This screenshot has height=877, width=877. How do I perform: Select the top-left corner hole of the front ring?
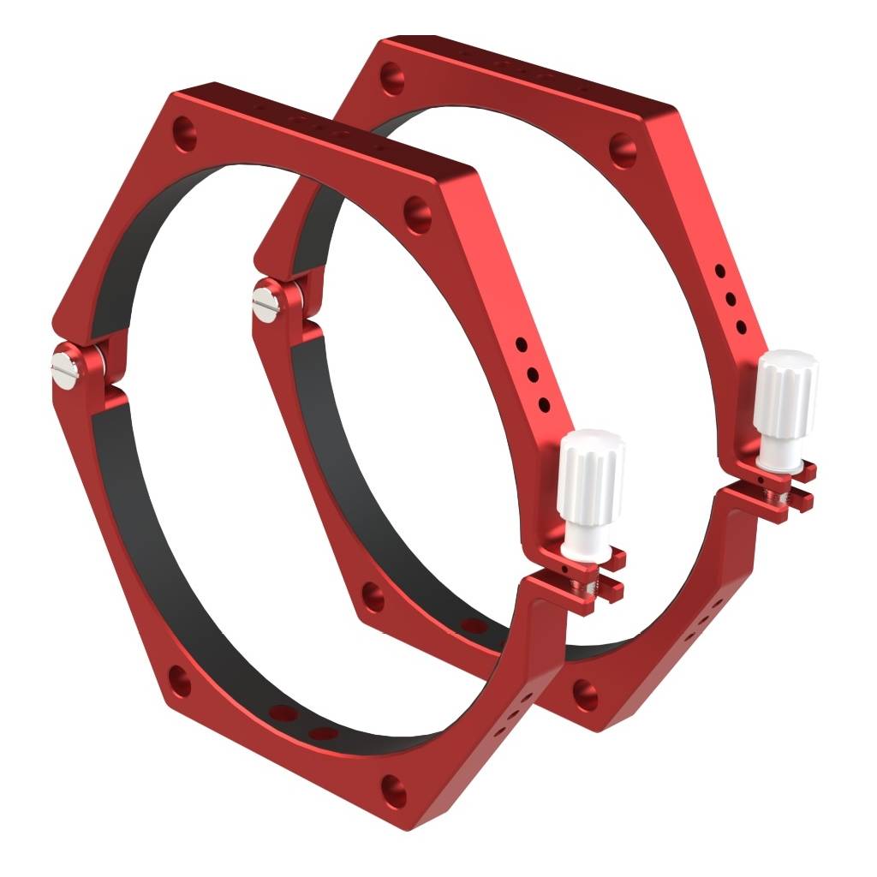pos(185,134)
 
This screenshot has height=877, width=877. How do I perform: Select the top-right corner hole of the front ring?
pos(417,209)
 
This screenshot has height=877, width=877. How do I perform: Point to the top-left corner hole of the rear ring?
pos(391,78)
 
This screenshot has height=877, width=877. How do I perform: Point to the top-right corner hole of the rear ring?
pos(622,151)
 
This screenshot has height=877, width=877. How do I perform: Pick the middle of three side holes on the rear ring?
pos(731,299)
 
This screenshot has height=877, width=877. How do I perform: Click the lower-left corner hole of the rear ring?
pos(372,597)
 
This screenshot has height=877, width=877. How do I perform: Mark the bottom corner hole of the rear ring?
pos(585,692)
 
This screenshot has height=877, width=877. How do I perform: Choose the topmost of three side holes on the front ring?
pos(521,344)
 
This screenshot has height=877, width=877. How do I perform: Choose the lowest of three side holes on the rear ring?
pos(741,326)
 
